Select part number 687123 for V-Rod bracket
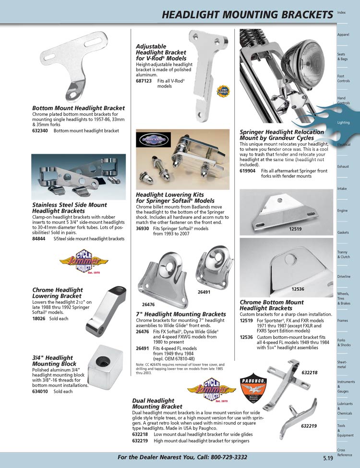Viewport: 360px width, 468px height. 144,81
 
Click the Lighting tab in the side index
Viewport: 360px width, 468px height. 344,123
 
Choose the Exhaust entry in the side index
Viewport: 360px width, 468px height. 343,166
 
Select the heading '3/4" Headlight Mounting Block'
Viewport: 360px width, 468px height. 53,361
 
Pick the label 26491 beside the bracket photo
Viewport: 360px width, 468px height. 204,292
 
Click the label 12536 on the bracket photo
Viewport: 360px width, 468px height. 298,289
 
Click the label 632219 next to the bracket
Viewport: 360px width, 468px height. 310,426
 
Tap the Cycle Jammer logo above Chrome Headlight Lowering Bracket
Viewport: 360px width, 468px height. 84,264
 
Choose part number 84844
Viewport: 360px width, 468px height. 39,239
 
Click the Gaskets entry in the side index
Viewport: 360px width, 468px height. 343,233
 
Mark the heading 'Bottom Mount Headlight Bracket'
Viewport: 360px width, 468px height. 78,108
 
